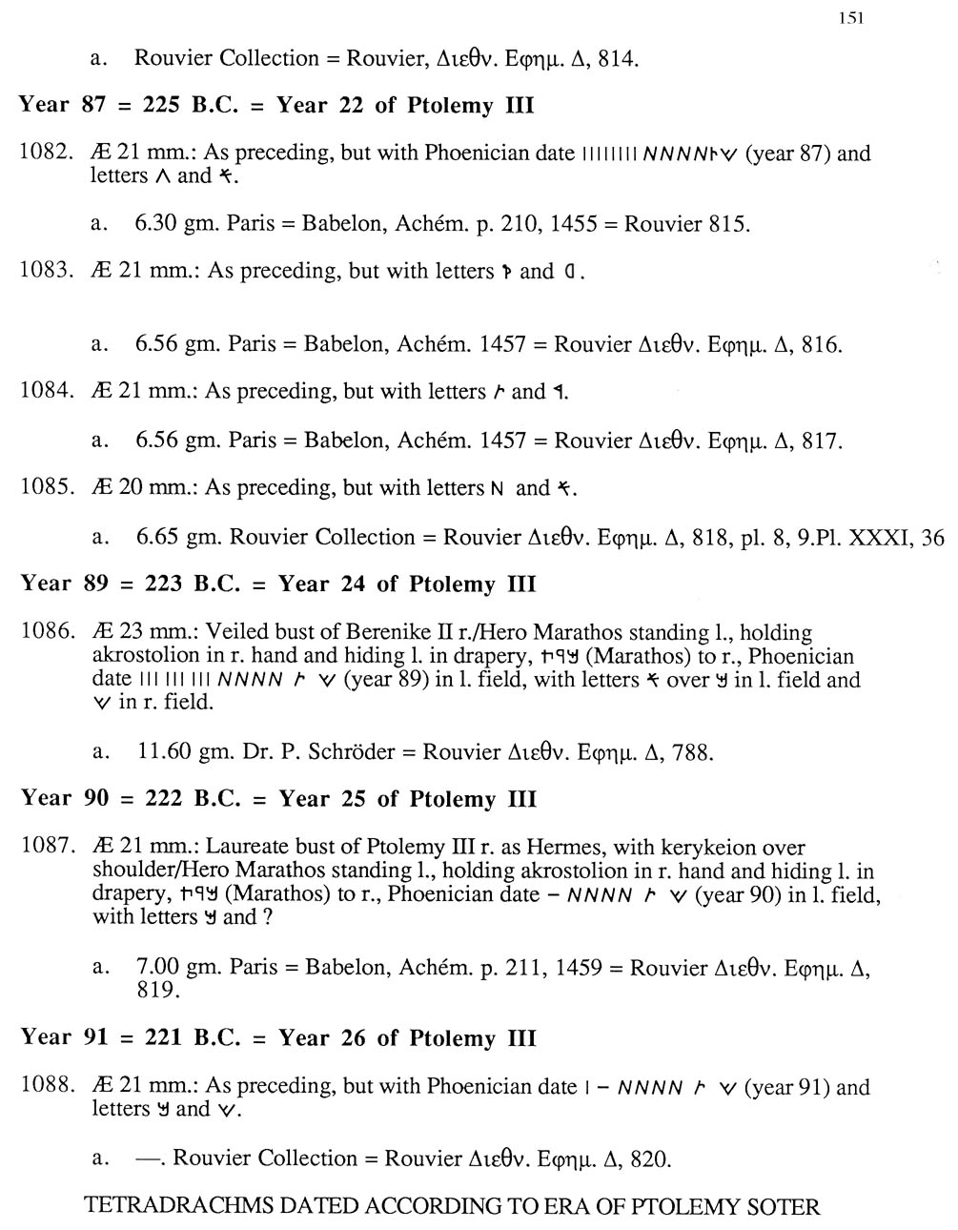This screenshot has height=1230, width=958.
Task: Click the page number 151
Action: point(851,18)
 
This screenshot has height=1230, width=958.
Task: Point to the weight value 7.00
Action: point(157,967)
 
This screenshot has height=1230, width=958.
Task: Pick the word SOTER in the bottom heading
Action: point(781,1206)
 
